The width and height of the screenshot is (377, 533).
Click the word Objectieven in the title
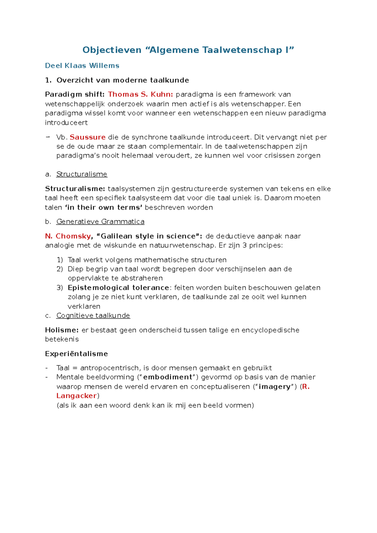(x=112, y=50)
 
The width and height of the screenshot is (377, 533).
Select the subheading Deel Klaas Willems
(x=82, y=66)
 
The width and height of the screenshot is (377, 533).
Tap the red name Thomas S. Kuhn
(x=140, y=94)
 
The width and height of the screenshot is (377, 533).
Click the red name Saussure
(x=87, y=137)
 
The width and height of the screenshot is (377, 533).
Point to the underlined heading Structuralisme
(x=82, y=174)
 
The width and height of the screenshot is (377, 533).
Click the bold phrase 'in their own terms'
(x=104, y=207)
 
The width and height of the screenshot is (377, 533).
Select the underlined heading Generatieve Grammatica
(x=100, y=222)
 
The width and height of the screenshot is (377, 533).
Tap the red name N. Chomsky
(x=68, y=236)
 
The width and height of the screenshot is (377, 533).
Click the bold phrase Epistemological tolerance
(x=118, y=288)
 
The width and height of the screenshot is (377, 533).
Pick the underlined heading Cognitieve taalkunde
(x=93, y=316)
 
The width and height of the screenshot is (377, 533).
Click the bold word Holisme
(x=62, y=330)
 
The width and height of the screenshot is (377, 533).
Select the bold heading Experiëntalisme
(x=76, y=354)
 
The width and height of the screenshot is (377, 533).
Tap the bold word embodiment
(x=167, y=377)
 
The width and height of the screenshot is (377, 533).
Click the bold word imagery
(x=274, y=387)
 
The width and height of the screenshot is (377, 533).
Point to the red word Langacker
(x=76, y=396)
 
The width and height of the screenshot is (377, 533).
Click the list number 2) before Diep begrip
(x=60, y=269)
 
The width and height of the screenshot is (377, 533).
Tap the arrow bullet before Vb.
(x=48, y=137)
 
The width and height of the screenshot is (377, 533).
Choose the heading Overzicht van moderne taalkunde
(x=123, y=80)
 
